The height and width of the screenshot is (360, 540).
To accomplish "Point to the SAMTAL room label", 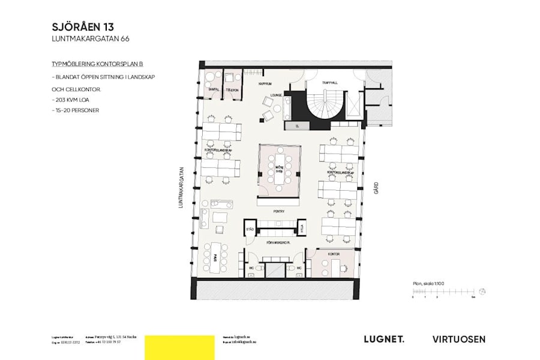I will click(x=212, y=89).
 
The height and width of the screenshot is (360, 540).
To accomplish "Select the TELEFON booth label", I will click(x=232, y=89).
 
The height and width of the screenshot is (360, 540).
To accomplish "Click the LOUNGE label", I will click(x=276, y=95).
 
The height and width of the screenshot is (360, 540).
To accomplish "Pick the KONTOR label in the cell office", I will click(x=334, y=254).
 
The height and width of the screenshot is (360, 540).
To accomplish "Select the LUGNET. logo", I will click(x=384, y=340).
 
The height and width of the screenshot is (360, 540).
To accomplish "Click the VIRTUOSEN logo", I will click(x=459, y=340).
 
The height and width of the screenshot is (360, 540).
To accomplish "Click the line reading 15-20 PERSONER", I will click(x=75, y=110).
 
